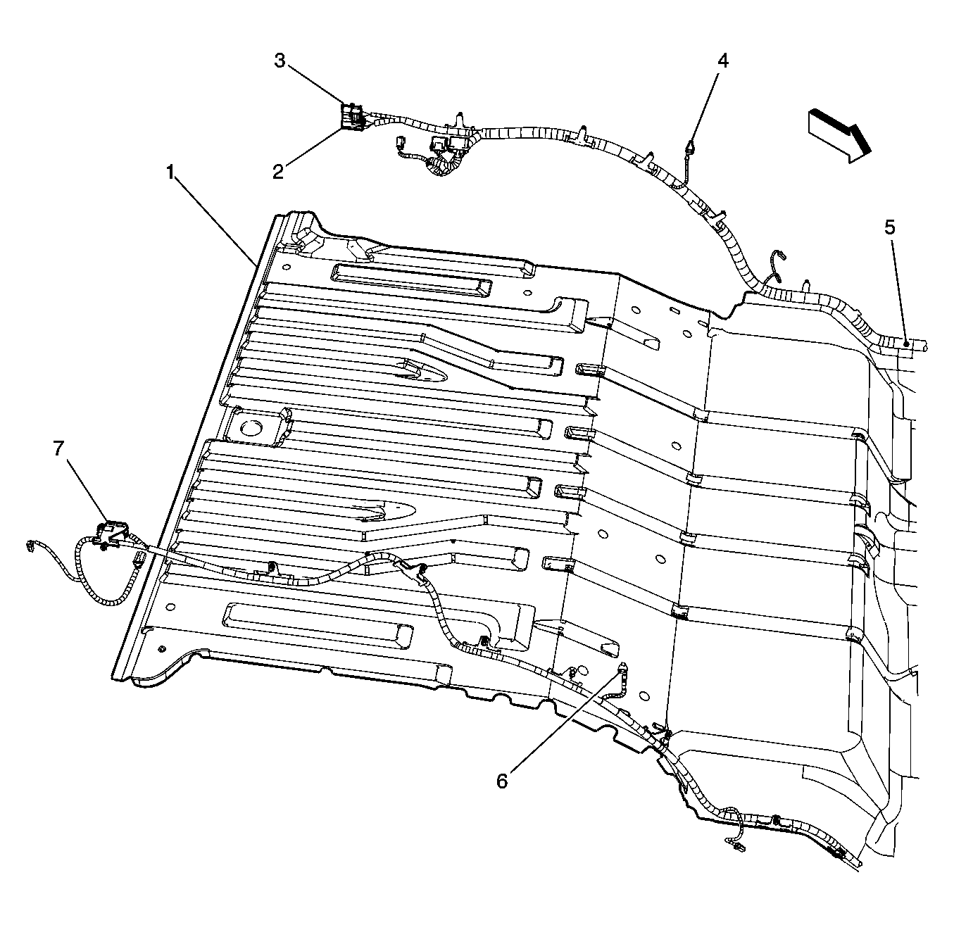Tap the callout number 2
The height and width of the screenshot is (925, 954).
[278, 172]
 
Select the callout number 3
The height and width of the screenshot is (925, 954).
[280, 61]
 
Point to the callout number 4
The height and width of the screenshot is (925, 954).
[723, 61]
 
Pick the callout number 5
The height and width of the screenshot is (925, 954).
[890, 227]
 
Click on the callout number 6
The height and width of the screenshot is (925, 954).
[502, 781]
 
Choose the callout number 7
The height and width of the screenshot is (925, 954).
[58, 448]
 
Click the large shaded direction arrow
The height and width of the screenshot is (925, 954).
[839, 135]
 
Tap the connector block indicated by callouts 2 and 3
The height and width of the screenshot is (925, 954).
[353, 116]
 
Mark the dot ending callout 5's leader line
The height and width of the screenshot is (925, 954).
[906, 344]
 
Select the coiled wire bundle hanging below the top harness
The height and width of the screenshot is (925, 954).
[444, 164]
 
